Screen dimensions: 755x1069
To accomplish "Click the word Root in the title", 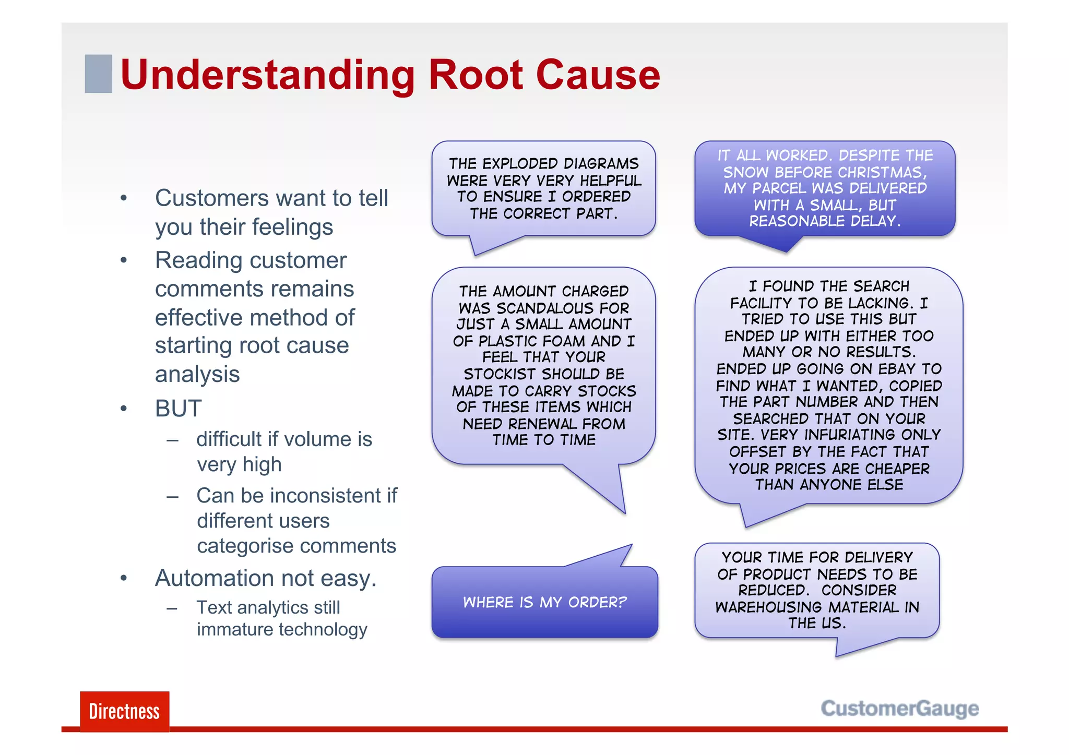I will click(x=475, y=75).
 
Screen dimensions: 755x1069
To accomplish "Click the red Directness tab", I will click(x=124, y=711).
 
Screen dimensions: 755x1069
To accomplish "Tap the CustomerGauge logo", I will click(x=899, y=709).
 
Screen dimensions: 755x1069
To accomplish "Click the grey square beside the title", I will click(x=98, y=74).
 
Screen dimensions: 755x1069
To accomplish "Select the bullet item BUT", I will click(x=178, y=408).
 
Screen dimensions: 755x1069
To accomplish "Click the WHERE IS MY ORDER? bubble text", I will click(x=544, y=602).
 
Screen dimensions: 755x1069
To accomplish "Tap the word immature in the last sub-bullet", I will click(x=227, y=630).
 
